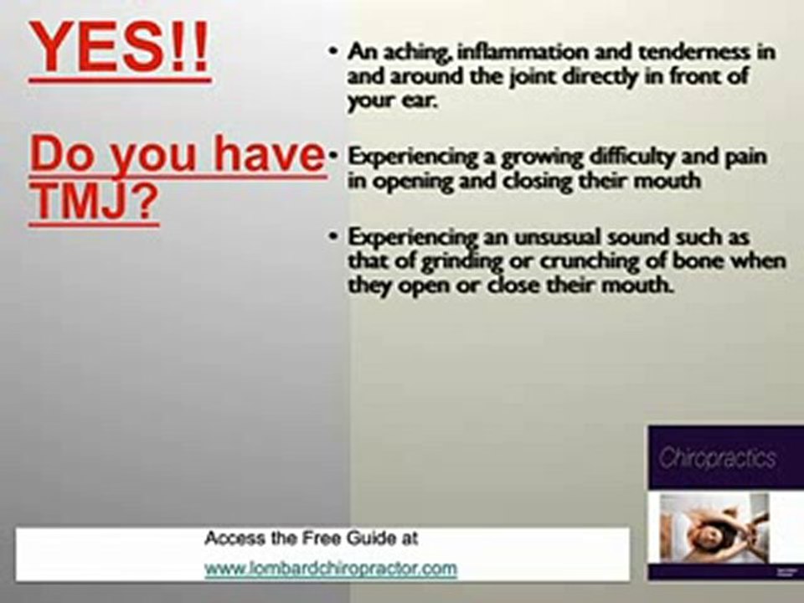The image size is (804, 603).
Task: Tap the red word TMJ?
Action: pyautogui.click(x=93, y=204)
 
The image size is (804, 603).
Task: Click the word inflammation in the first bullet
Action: pyautogui.click(x=509, y=52)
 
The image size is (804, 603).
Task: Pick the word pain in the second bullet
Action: pyautogui.click(x=744, y=157)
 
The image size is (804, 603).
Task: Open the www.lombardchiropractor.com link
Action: pyautogui.click(x=331, y=569)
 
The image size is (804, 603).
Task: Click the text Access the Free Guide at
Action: pyautogui.click(x=311, y=539)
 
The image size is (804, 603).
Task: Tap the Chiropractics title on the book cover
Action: pyautogui.click(x=717, y=459)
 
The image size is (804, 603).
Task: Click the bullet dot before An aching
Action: pyautogui.click(x=332, y=52)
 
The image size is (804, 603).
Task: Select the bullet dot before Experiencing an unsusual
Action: pyautogui.click(x=332, y=237)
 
